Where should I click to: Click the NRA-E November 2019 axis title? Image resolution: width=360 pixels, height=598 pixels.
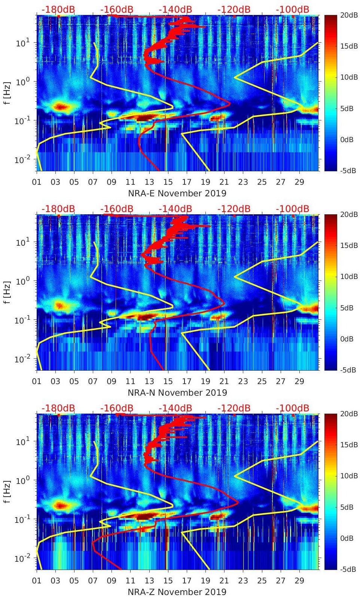tap(177, 193)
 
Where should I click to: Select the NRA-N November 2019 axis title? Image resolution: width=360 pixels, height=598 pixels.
tap(177, 393)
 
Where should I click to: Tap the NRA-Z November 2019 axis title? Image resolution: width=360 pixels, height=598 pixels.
tap(177, 592)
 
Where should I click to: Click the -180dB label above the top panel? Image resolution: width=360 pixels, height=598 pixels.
tap(58, 9)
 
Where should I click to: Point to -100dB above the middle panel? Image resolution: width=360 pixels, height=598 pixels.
tap(293, 209)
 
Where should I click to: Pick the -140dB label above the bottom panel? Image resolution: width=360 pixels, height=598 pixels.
tap(175, 408)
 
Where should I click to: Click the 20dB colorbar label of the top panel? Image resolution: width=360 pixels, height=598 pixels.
tap(349, 15)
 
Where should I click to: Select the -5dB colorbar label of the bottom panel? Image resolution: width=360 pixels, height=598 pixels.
tap(348, 570)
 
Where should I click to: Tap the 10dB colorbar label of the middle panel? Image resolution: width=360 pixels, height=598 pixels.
tap(349, 276)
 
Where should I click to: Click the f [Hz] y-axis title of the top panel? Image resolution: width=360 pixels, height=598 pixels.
tap(7, 93)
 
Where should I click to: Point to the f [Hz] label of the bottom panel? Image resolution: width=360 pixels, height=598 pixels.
tap(7, 491)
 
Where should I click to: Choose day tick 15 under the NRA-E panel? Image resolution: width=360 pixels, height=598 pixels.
tap(168, 182)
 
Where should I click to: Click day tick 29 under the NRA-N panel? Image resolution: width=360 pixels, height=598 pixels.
tap(299, 381)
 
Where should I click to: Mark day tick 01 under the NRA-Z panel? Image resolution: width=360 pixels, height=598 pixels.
tap(37, 581)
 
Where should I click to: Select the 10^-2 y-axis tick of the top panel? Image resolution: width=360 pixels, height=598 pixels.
tap(22, 160)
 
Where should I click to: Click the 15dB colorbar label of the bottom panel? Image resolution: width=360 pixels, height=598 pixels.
tap(349, 445)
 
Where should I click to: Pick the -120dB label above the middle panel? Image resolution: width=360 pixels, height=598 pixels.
tap(234, 209)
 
